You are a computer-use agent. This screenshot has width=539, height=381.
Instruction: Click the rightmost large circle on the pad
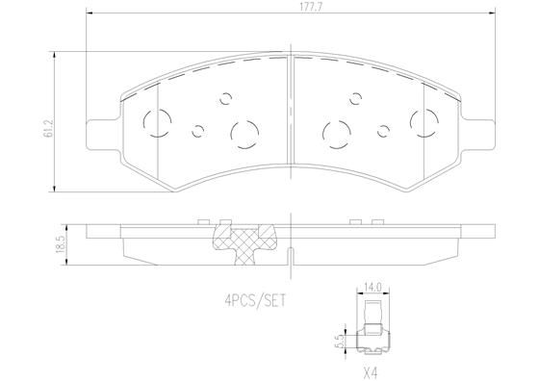[x=423, y=120]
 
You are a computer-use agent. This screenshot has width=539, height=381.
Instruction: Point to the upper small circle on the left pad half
[x=227, y=97]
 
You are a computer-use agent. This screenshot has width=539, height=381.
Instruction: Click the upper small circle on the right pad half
[x=356, y=97]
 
